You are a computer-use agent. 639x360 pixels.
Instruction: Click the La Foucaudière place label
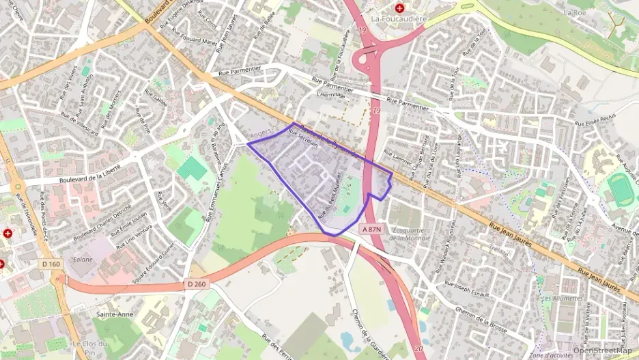399,20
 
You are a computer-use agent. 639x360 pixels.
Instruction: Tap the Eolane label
83,259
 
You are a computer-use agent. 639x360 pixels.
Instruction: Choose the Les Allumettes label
562,299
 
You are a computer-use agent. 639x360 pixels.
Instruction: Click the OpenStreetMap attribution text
602,350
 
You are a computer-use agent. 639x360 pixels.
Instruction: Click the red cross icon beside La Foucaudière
399,7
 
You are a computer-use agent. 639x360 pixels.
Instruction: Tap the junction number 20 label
418,348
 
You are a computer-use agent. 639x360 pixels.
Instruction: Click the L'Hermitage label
332,96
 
